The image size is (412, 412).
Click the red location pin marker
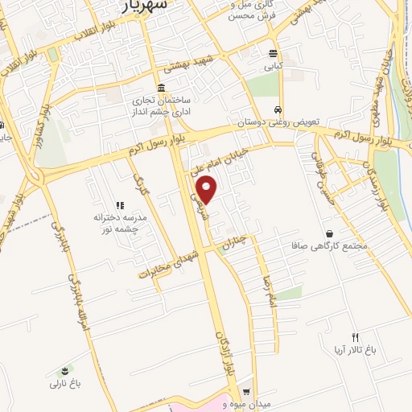(208, 191)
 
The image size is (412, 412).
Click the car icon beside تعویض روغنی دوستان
(278, 110)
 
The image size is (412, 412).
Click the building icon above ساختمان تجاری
(162, 89)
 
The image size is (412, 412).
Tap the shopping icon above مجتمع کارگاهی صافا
(348, 231)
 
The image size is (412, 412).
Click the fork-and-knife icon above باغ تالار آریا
(355, 337)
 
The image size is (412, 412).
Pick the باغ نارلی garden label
(67, 383)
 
